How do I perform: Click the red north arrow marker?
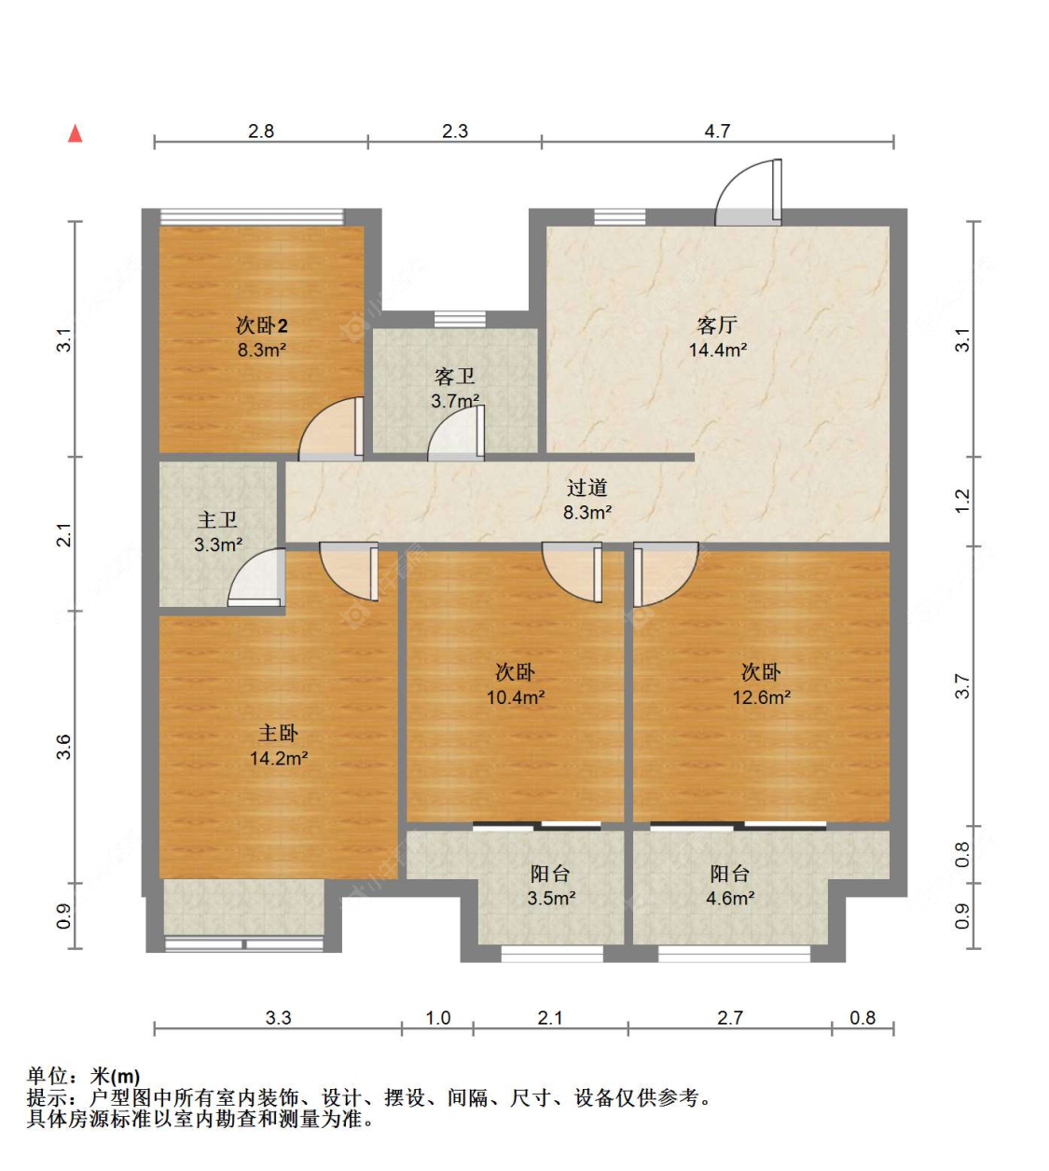tap(76, 134)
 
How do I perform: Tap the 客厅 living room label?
tap(717, 325)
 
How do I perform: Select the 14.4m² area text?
tap(718, 351)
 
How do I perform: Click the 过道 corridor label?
tap(587, 488)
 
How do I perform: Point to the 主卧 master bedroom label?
tap(278, 734)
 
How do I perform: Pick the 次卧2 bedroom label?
tap(262, 325)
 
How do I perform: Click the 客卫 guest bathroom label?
tap(455, 377)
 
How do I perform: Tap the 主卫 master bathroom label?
tap(217, 519)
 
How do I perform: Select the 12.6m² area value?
tap(762, 697)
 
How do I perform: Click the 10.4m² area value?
tap(516, 697)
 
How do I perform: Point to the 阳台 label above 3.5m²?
tap(550, 874)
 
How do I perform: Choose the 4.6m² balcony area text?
tap(730, 898)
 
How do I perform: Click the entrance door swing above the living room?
tap(748, 192)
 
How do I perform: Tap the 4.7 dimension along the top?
tap(717, 131)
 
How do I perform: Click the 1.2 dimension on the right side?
tap(961, 501)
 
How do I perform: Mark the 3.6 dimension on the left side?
tap(63, 747)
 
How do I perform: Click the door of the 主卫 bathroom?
tap(256, 577)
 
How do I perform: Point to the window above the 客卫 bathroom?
tap(460, 319)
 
